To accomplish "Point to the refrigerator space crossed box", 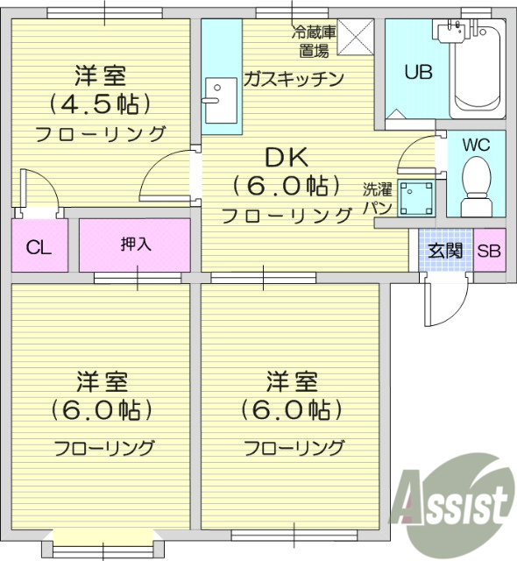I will pos(356,36).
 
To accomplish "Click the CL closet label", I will pos(38,246).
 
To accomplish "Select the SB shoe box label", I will pos(489,251).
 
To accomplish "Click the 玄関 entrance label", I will pos(444,251).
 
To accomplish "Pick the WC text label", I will pos(476,143).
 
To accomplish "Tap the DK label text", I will pos(286,158).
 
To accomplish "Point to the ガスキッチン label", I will pos(294,78).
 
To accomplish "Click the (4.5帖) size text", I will pos(99,104).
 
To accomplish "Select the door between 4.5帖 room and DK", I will pos(166,175).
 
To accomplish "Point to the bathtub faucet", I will pos(454,30).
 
